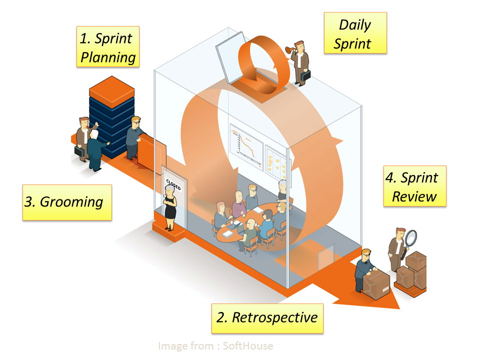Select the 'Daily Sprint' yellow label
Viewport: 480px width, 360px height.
355,33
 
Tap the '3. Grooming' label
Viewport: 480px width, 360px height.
67,202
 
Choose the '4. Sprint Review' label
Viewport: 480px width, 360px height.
414,186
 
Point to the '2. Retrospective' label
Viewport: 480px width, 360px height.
267,318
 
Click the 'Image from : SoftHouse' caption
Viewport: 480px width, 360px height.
215,345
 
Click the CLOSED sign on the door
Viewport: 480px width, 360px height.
173,182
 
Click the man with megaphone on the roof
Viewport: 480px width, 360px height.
301,61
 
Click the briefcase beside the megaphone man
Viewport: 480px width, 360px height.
306,75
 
